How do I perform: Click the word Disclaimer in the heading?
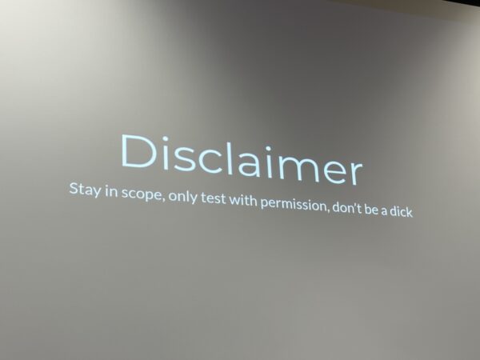[x=242, y=159]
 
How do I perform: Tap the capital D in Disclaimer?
[x=138, y=151]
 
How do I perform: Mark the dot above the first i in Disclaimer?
[x=165, y=138]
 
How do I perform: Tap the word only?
[x=182, y=196]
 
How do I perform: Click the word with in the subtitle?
[x=243, y=200]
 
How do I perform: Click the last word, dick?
[x=401, y=211]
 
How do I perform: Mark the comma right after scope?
[x=164, y=200]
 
